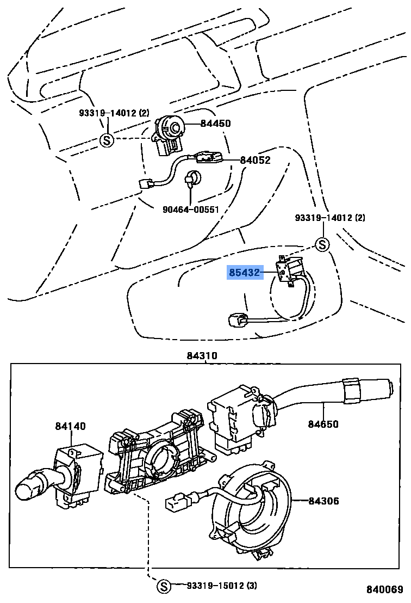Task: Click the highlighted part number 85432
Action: point(245,272)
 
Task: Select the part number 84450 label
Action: point(215,124)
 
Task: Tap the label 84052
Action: point(255,160)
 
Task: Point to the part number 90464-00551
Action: point(190,210)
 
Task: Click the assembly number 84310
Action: point(202,356)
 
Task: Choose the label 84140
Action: point(70,426)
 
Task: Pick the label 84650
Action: point(323,424)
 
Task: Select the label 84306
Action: point(323,501)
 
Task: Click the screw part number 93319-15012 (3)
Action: point(222,586)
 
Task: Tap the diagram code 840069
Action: point(385,590)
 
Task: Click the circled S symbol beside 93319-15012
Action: point(163,586)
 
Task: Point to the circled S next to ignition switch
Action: point(107,140)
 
